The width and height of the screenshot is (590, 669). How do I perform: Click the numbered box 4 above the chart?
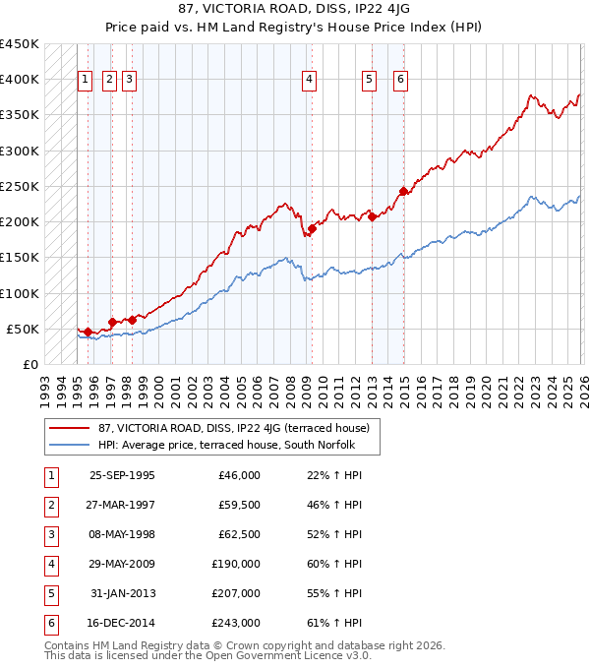click(x=309, y=81)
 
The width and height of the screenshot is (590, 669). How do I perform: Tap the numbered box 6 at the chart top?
click(x=401, y=81)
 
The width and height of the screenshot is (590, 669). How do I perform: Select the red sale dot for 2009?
click(x=312, y=229)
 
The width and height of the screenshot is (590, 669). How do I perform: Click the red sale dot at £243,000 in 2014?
click(x=403, y=191)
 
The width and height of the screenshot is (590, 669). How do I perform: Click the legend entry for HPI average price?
click(x=232, y=445)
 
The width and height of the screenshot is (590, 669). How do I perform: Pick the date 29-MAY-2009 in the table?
click(x=122, y=564)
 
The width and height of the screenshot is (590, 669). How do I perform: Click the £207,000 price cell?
click(x=236, y=593)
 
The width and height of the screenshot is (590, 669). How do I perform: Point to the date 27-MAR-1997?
click(x=122, y=505)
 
